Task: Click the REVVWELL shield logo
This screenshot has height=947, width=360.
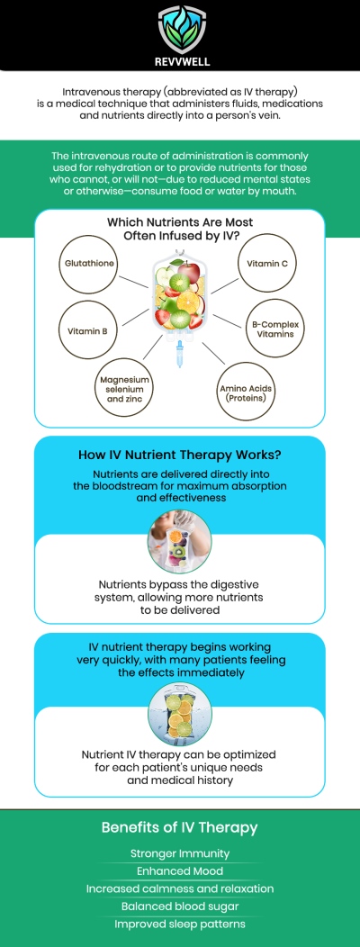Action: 180,30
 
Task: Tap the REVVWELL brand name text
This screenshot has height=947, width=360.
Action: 180,61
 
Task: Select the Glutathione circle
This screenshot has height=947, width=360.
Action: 89,264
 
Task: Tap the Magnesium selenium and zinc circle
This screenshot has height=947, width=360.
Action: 124,387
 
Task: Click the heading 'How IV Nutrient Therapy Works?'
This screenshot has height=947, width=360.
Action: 180,455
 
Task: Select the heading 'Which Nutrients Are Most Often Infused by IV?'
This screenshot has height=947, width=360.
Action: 180,229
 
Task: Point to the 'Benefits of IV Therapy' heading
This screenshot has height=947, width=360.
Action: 180,826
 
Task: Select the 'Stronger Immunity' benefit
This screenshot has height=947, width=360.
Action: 180,853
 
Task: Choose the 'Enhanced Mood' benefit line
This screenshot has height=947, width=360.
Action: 180,870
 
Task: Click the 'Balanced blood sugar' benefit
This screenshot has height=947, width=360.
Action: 180,906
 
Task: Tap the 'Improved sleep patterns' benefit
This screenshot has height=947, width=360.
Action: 180,924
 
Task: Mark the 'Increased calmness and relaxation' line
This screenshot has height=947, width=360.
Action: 180,888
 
